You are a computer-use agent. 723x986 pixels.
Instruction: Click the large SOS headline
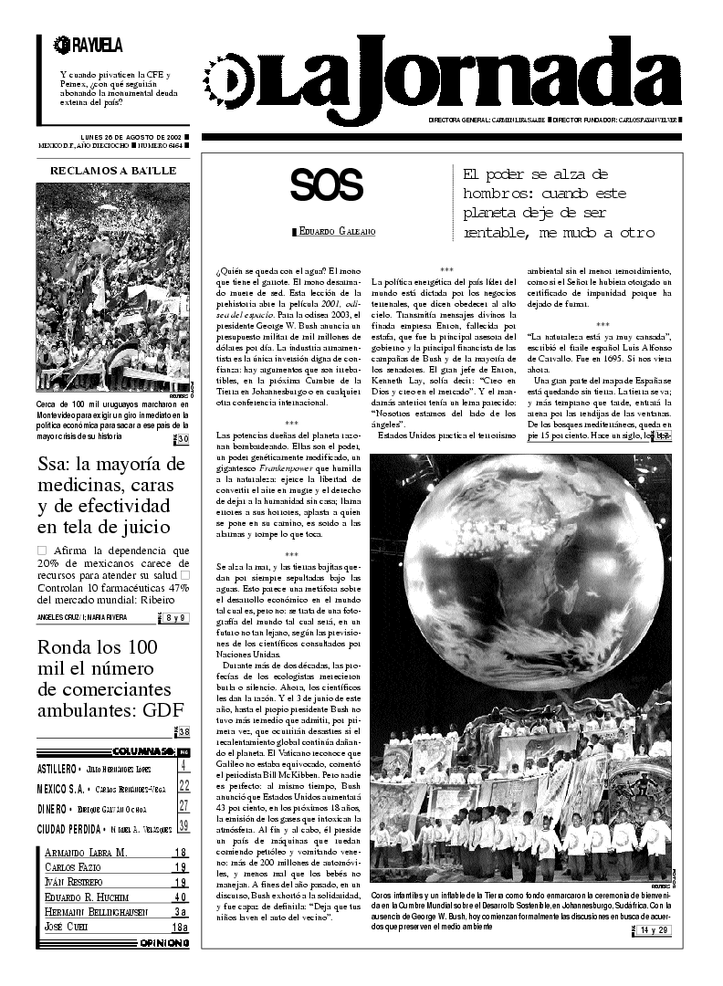tap(327, 186)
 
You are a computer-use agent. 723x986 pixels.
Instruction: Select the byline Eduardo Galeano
tap(326, 233)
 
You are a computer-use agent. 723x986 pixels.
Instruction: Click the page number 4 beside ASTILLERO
tap(183, 765)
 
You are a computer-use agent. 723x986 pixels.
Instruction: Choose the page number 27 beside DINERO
tap(183, 806)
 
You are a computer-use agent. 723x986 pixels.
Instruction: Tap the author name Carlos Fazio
tap(72, 866)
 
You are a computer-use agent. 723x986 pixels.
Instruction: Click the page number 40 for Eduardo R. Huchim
tap(180, 897)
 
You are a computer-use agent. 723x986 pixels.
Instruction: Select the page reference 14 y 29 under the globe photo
tap(655, 929)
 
